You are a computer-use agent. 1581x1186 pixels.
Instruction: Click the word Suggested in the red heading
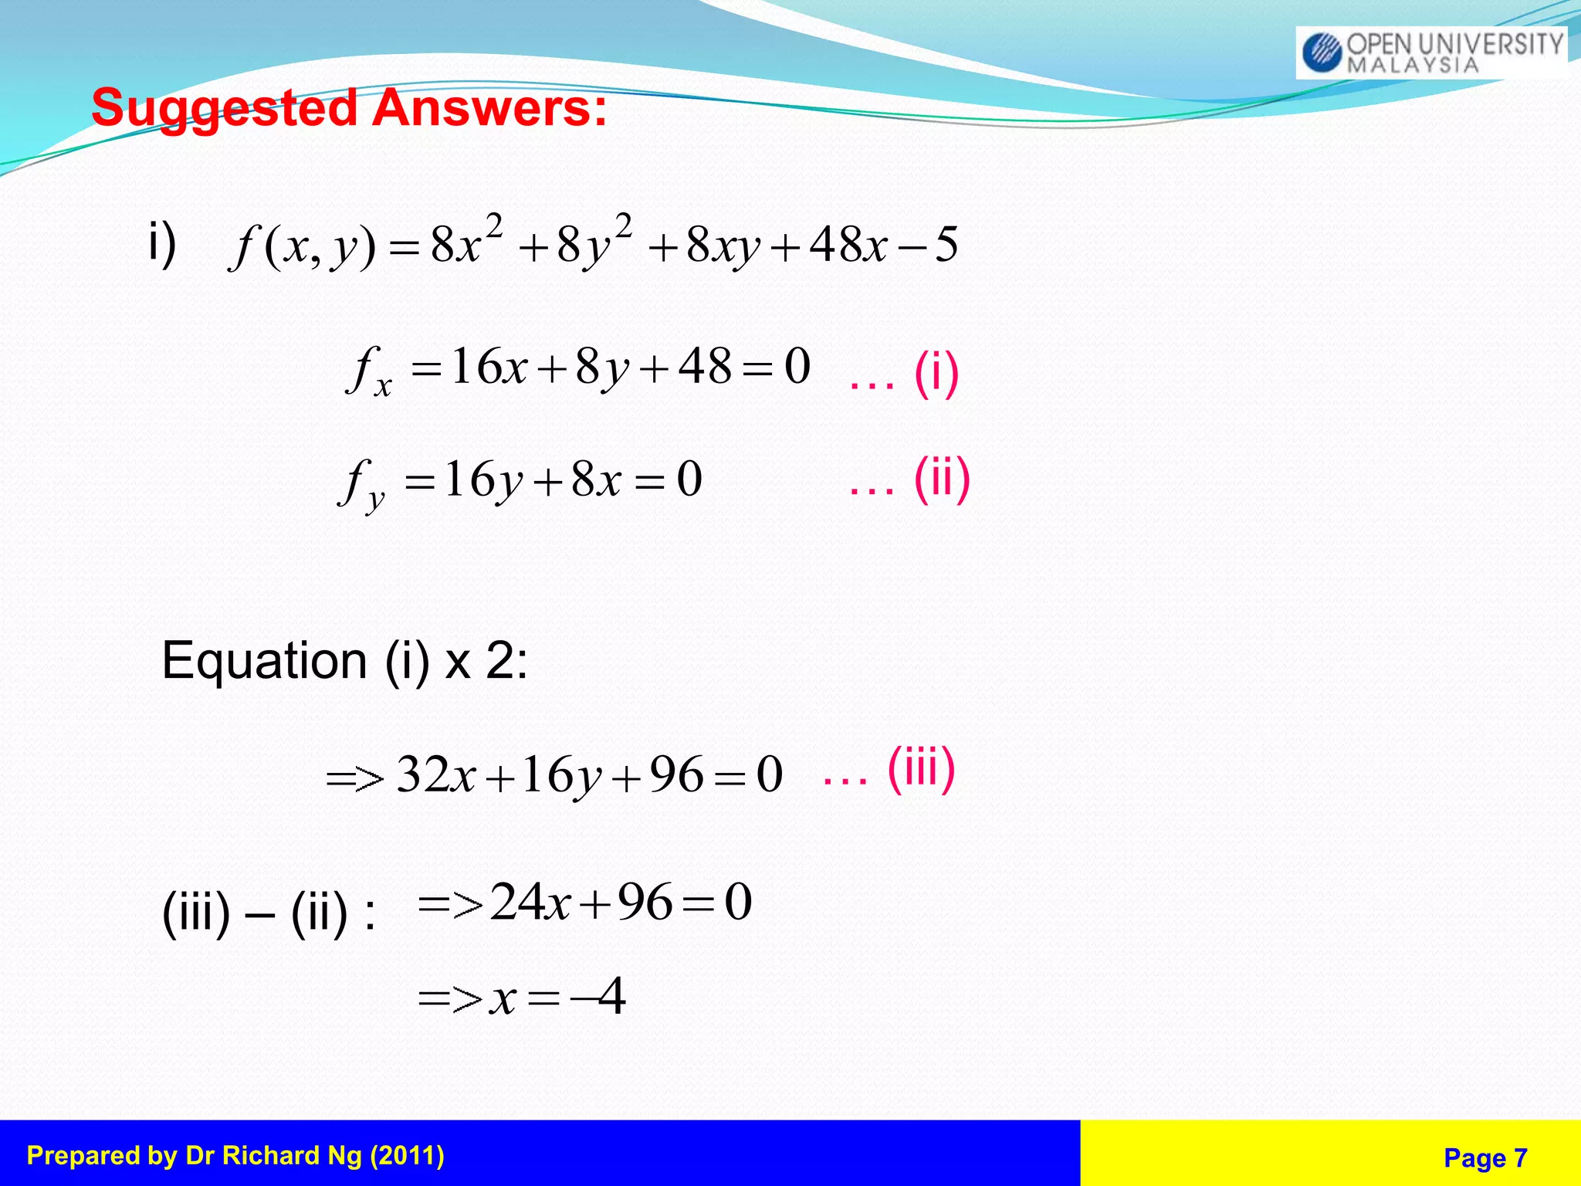(x=224, y=108)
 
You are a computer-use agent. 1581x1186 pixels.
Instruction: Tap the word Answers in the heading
(x=489, y=108)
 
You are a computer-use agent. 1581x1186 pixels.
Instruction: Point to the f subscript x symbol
(x=368, y=371)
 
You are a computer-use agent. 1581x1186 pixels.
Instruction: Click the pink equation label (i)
(x=936, y=374)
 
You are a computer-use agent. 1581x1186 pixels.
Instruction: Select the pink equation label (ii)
(x=941, y=479)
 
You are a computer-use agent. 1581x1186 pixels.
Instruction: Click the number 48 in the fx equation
(x=704, y=366)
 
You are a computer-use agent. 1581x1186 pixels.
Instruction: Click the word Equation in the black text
(x=264, y=662)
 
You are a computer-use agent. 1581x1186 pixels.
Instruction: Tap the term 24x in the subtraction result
(x=530, y=902)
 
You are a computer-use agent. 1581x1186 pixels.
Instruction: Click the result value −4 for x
(x=599, y=997)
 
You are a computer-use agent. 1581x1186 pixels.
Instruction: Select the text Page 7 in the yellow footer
(x=1485, y=1157)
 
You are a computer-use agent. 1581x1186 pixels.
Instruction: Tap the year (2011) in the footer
(x=407, y=1156)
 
